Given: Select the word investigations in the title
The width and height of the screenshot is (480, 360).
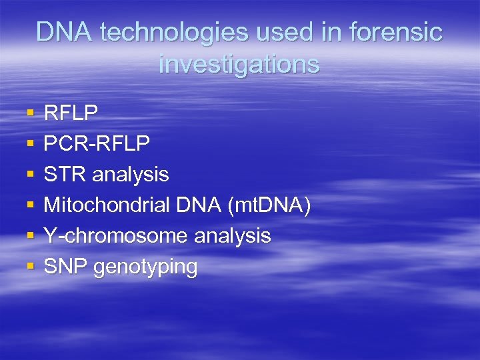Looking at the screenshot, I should tap(239, 64).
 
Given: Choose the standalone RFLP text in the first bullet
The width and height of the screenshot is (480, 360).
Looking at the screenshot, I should tap(71, 113).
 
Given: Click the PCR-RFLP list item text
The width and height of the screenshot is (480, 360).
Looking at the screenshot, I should tap(97, 144).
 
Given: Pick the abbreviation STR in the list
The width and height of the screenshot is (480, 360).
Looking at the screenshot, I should tap(64, 175).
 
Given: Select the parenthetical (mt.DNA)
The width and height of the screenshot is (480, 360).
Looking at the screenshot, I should tap(269, 205).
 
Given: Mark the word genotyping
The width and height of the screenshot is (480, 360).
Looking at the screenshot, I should tap(146, 267).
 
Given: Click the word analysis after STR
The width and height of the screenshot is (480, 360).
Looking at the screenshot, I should tap(131, 175).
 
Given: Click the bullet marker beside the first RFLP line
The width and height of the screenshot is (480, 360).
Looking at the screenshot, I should tap(30, 114).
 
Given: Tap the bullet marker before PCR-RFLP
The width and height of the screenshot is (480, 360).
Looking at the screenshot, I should tap(30, 145).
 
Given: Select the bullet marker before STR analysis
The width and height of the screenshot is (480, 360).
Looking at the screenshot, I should tap(30, 175).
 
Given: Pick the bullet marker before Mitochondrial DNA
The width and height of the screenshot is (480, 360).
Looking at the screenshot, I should tap(30, 206).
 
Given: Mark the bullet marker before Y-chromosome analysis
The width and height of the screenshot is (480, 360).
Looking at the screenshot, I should tap(30, 237).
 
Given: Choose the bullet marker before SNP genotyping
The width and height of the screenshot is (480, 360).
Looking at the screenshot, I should tap(30, 267).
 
